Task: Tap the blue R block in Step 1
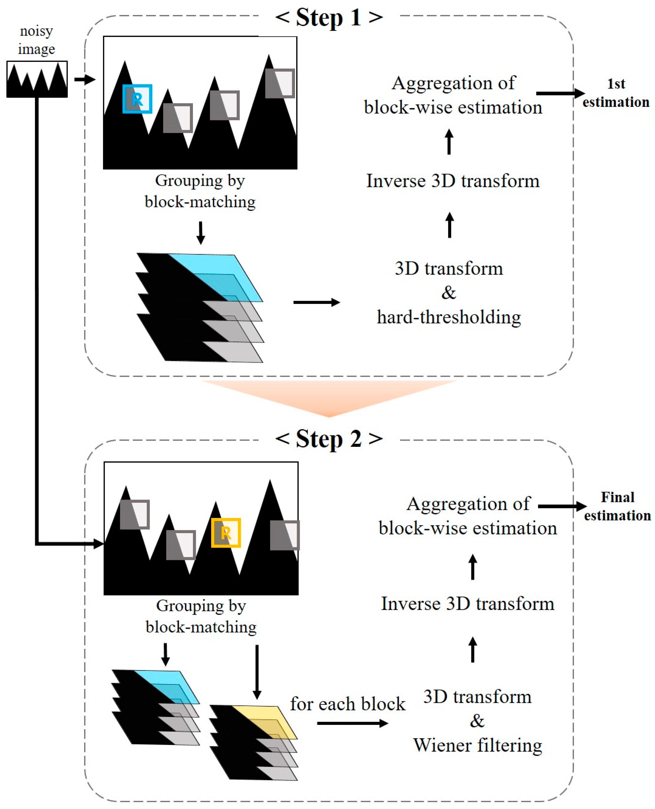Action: point(137,99)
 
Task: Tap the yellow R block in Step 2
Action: point(226,533)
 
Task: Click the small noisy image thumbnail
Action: point(37,79)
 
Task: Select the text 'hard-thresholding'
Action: point(449,317)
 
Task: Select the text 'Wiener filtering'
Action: point(477,745)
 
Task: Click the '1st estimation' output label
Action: point(616,93)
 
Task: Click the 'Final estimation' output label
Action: point(617,506)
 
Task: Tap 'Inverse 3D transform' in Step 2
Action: point(467,604)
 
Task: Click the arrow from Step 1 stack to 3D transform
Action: point(316,302)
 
